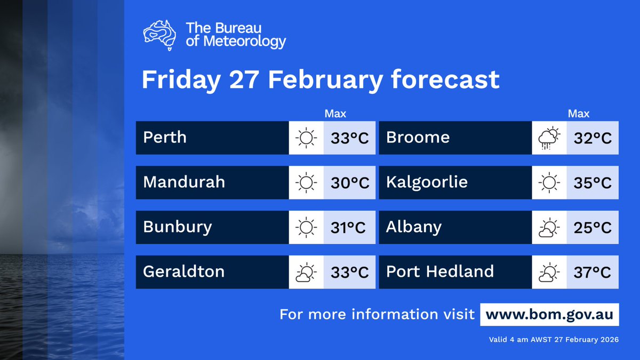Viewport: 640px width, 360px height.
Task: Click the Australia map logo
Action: point(160,35)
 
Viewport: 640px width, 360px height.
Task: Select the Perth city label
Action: point(165,138)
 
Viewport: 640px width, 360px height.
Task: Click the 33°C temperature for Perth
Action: point(349,138)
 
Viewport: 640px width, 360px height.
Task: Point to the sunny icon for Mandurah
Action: point(306,183)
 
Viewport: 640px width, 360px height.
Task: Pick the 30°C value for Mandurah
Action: point(349,183)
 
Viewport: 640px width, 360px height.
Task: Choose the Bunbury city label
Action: point(178,227)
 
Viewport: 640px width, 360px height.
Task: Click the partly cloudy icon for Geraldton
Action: point(306,273)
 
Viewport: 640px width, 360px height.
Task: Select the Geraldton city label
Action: point(183,272)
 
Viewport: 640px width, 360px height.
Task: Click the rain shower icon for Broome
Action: point(549,139)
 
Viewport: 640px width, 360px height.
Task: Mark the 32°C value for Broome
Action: point(593,138)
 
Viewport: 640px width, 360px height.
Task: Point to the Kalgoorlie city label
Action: point(427,182)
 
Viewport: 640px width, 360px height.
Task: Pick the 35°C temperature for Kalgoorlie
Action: point(593,183)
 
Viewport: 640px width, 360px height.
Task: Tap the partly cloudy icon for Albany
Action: point(549,228)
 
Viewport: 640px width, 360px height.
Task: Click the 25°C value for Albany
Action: point(593,228)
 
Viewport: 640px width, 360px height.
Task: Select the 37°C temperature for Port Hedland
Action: point(593,273)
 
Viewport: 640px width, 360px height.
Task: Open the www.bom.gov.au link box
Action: point(549,315)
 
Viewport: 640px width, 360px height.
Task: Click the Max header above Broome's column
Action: point(579,114)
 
